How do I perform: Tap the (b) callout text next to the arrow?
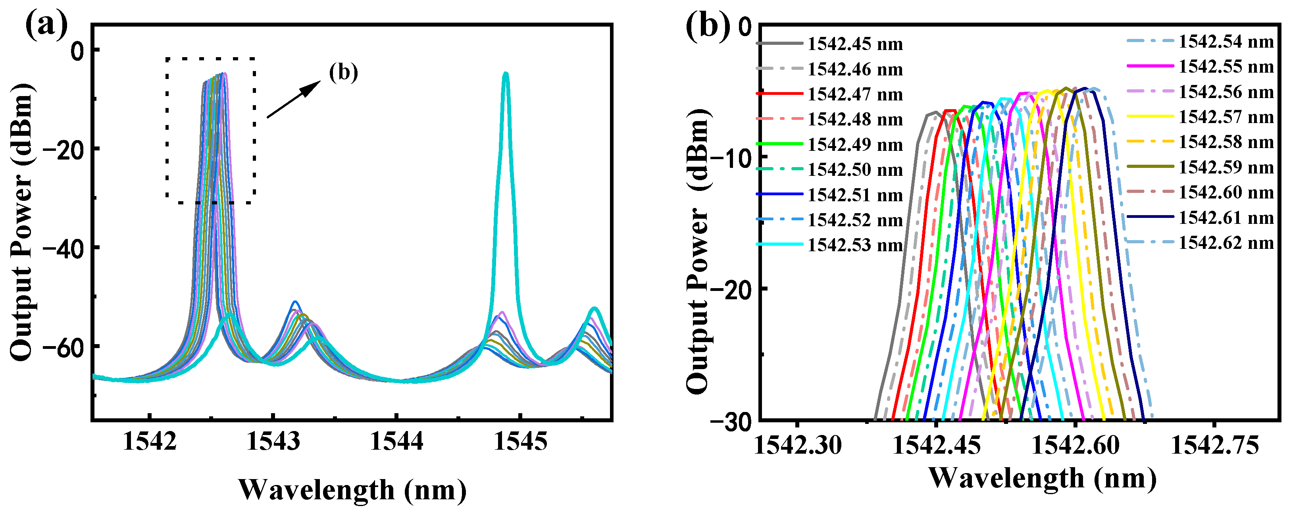[x=343, y=73]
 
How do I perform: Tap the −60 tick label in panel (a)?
[x=63, y=347]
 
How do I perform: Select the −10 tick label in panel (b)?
[x=731, y=158]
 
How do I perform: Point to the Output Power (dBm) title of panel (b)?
[x=698, y=250]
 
